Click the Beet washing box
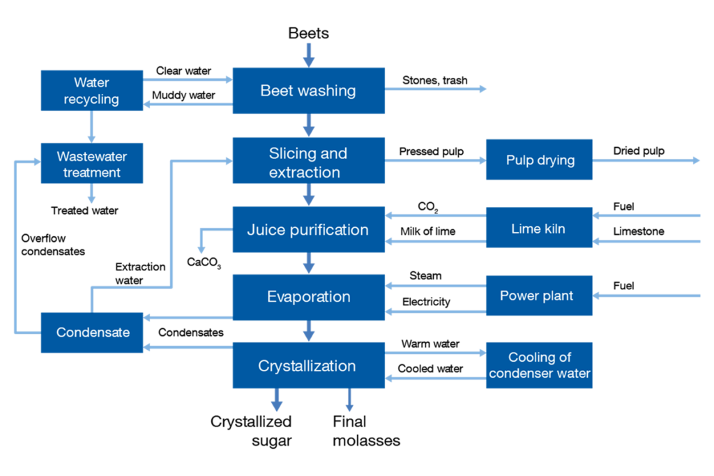[308, 91]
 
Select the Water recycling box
[91, 91]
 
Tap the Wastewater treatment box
[91, 164]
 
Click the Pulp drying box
[539, 160]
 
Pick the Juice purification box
[308, 229]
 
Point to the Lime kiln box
[539, 228]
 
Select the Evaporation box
[308, 297]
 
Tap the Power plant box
[539, 295]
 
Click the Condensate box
[91, 332]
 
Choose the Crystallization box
[308, 365]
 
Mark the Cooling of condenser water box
[539, 365]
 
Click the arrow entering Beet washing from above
[309, 54]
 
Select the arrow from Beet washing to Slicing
[309, 125]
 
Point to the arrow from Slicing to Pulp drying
[435, 160]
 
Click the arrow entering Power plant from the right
[646, 296]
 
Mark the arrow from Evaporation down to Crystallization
[309, 331]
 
